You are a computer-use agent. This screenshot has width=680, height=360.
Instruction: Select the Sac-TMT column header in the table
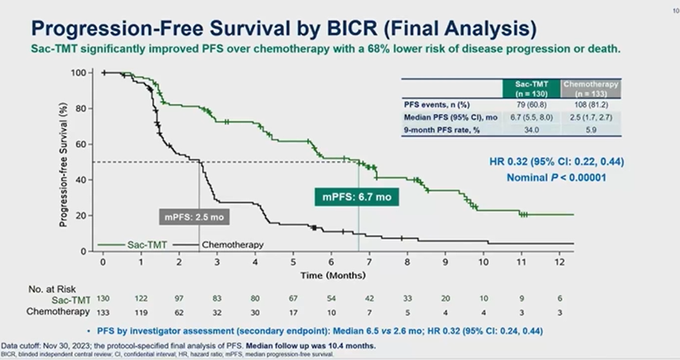531,86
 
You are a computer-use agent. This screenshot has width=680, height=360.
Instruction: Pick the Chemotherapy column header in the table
590,86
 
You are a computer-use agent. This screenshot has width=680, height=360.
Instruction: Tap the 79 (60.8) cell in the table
531,103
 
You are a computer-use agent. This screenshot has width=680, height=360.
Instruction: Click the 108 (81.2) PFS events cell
590,103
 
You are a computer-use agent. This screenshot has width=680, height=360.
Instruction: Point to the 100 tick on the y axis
77,73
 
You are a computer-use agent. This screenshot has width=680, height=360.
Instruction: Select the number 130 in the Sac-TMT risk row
103,299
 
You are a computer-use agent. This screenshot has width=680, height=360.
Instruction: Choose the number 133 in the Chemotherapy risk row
103,311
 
